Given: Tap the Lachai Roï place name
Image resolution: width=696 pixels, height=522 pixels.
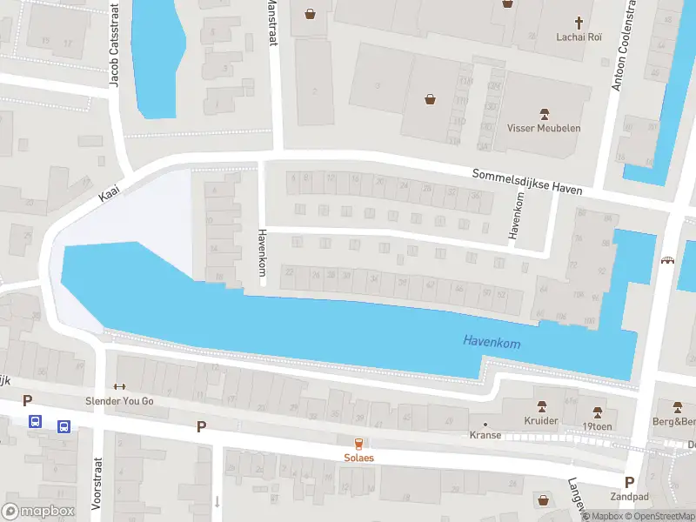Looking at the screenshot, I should click(579, 37).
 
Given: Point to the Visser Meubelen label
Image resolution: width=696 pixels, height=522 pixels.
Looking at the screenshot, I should click(544, 128).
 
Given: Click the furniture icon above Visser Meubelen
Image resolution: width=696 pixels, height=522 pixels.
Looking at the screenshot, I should click(545, 113).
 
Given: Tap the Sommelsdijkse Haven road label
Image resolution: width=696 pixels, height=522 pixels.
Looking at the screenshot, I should click(527, 181).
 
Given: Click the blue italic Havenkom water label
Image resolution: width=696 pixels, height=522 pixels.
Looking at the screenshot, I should click(492, 343).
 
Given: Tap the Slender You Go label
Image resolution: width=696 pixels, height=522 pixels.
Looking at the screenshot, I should click(119, 401).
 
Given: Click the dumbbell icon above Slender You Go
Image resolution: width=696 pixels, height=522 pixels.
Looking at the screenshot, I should click(119, 387).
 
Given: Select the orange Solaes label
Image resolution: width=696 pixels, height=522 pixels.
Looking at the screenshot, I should click(358, 458).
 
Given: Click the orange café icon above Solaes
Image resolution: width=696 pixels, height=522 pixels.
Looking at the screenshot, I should click(358, 443).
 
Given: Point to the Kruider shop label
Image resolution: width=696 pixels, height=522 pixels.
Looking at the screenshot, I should click(542, 420).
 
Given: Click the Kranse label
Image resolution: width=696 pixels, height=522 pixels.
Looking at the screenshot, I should click(485, 435).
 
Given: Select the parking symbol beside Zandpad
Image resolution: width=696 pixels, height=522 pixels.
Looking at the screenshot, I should click(629, 482).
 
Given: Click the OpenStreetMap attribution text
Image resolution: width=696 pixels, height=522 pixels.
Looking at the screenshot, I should click(659, 517).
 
